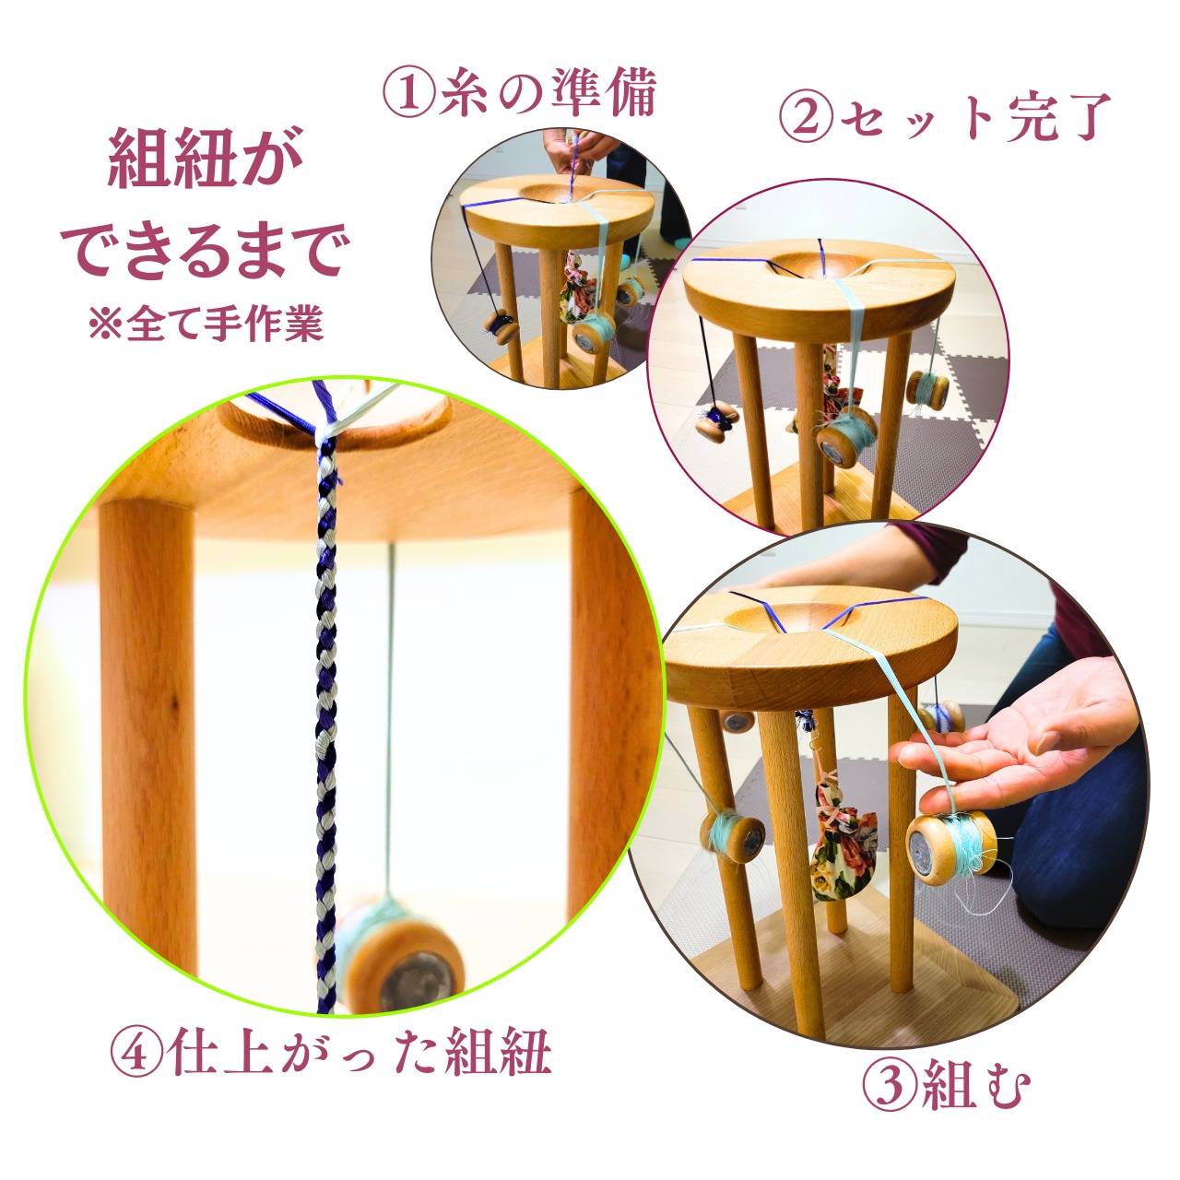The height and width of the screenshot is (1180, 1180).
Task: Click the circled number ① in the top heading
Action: [x=409, y=94]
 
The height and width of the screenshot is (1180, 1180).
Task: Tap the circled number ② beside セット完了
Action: [x=807, y=117]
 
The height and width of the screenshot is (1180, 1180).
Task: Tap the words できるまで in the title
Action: [x=206, y=250]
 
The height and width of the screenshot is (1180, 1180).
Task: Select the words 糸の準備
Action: [x=547, y=93]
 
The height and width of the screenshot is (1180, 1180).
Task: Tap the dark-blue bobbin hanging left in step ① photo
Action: [x=501, y=327]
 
